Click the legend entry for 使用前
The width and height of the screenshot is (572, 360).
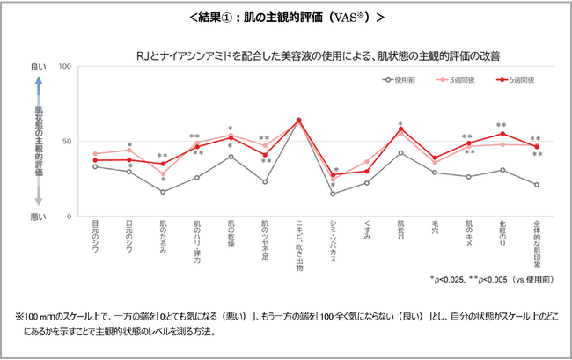400,79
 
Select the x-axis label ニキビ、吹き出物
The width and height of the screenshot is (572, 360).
299,247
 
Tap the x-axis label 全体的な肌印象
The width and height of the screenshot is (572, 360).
537,246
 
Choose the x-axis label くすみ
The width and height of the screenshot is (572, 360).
367,233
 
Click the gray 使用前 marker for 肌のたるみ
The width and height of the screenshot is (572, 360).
163,192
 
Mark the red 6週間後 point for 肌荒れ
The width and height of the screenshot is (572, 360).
400,129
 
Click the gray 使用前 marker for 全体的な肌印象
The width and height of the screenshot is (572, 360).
537,185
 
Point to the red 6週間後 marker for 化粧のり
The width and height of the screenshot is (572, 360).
502,134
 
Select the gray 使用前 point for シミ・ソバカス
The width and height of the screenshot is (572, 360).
333,194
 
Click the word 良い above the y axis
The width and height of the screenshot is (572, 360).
38,67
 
